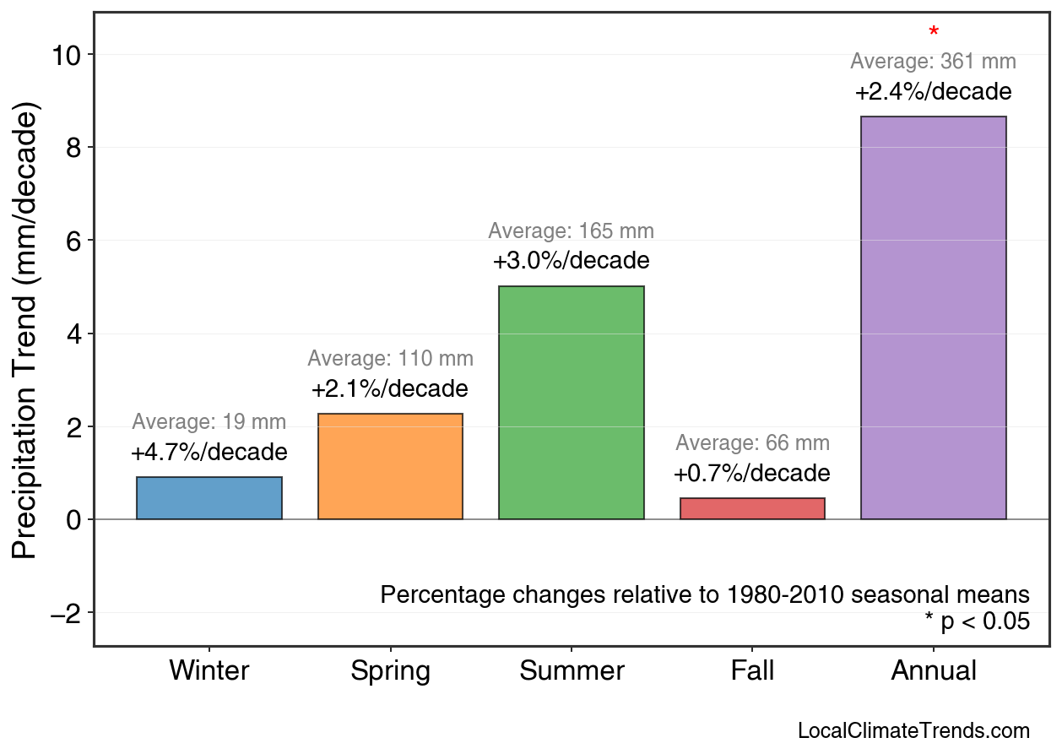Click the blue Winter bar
pyautogui.click(x=209, y=498)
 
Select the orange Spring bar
pyautogui.click(x=390, y=466)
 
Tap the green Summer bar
pyautogui.click(x=571, y=403)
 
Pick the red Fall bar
pyautogui.click(x=752, y=508)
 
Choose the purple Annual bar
pyautogui.click(x=933, y=317)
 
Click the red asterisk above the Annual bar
pyautogui.click(x=933, y=33)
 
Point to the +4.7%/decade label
pyautogui.click(x=209, y=453)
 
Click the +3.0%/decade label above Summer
pyautogui.click(x=571, y=261)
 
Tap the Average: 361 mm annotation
pyautogui.click(x=933, y=62)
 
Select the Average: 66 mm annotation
pyautogui.click(x=752, y=443)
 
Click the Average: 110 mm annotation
pyautogui.click(x=390, y=358)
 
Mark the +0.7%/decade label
pyautogui.click(x=752, y=474)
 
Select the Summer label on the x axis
pyautogui.click(x=571, y=671)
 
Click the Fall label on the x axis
pyautogui.click(x=752, y=671)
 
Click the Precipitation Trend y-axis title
pyautogui.click(x=26, y=333)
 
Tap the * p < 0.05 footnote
pyautogui.click(x=977, y=621)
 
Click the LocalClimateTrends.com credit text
pyautogui.click(x=913, y=730)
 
